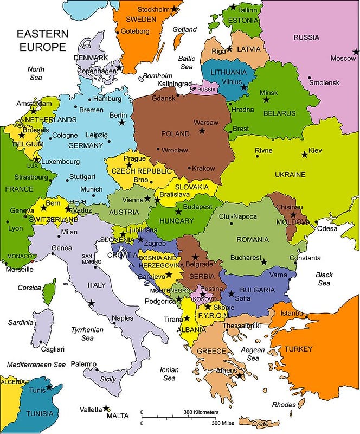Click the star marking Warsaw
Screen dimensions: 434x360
[202, 131]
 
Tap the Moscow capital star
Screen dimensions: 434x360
[356, 52]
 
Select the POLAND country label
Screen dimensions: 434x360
[176, 133]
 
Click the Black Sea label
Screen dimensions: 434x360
[324, 279]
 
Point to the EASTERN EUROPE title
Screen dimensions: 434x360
[42, 41]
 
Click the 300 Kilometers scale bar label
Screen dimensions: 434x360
[201, 412]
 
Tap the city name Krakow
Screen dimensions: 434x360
[204, 169]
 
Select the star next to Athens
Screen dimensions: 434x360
[239, 375]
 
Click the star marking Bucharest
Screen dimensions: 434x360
[264, 262]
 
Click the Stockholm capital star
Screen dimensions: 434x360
[174, 9]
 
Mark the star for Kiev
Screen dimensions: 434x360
[304, 155]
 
